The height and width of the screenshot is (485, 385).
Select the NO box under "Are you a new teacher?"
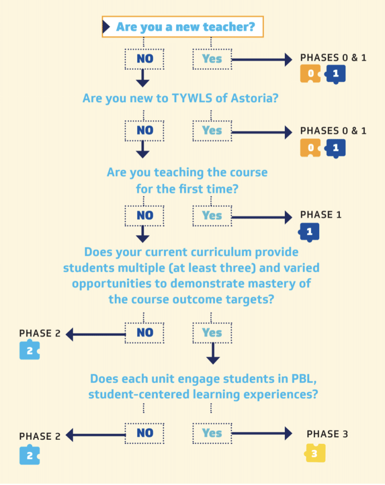144,59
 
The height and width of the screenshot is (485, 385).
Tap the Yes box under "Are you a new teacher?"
212,59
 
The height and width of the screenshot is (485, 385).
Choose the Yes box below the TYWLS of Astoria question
212,131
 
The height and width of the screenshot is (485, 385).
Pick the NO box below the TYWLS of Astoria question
144,131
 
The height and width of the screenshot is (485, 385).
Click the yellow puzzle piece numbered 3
315,453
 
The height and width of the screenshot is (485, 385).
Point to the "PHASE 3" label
327,434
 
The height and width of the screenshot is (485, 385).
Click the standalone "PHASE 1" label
320,215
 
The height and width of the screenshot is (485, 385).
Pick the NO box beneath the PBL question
144,433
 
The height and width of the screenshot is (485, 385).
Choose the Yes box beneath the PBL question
212,433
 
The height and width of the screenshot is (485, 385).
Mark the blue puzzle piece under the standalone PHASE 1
309,232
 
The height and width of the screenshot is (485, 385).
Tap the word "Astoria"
254,98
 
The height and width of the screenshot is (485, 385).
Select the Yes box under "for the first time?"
212,216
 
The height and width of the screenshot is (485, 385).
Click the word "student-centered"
138,394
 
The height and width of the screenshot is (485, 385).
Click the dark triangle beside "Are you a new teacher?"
107,27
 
